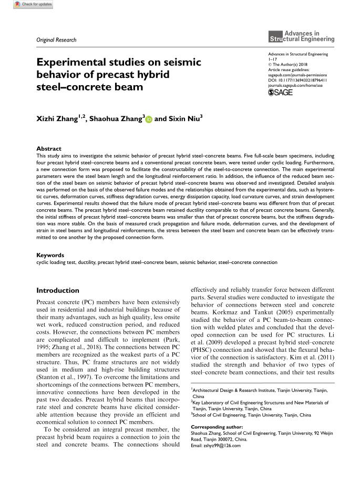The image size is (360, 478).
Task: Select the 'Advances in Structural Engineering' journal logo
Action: click(x=301, y=36)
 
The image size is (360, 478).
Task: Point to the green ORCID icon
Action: click(x=149, y=119)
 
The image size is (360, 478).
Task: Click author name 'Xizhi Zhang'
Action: click(x=56, y=119)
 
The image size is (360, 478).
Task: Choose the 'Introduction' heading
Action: click(x=57, y=290)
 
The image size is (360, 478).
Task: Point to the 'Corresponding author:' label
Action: click(x=214, y=426)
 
